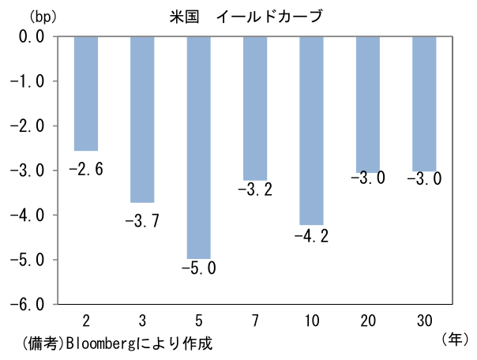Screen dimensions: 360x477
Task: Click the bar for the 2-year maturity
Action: [85, 93]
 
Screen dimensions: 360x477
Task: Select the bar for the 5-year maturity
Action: [198, 147]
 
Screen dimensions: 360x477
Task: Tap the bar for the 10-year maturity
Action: [311, 130]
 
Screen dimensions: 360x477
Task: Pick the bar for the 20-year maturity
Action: [368, 103]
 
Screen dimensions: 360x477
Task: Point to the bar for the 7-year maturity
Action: [255, 108]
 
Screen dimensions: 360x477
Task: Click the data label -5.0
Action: [198, 268]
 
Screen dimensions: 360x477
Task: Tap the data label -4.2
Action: [311, 236]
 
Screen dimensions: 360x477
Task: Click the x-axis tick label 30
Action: [424, 319]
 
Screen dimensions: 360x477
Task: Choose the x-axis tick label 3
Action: [142, 319]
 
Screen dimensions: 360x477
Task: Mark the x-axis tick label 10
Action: [311, 319]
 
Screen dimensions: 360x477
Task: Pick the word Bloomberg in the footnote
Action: [100, 345]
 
